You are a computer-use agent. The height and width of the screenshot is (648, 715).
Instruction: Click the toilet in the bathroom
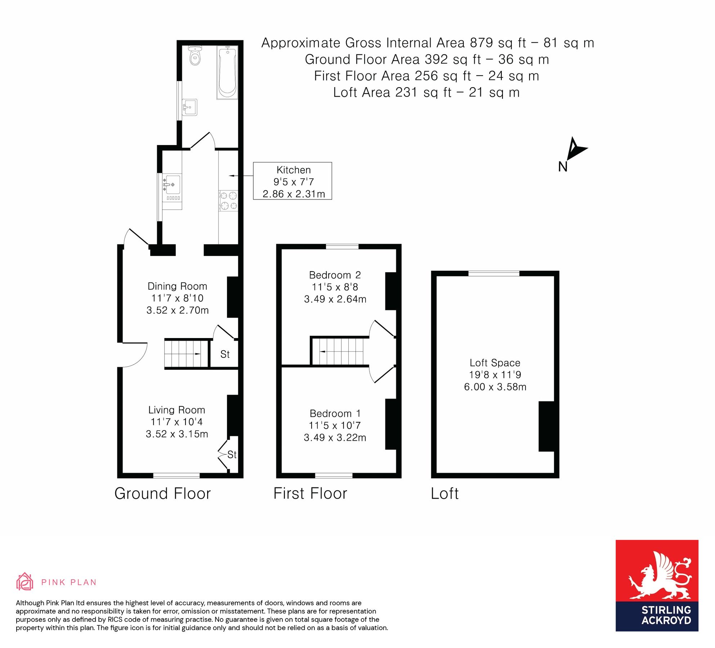[x=195, y=56]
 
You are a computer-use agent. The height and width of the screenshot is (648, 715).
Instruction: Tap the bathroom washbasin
[x=189, y=107]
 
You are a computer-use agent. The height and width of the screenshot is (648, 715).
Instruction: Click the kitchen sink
[x=172, y=184]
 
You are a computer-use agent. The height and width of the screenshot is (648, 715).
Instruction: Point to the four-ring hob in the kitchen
[x=228, y=201]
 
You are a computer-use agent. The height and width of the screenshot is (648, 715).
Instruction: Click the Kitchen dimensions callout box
[x=292, y=181]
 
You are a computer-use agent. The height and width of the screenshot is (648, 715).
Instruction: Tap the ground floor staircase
[x=187, y=354]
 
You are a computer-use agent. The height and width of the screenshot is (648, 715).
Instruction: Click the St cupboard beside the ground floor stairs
[x=225, y=354]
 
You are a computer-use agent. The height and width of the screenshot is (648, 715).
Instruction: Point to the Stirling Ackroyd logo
[x=657, y=586]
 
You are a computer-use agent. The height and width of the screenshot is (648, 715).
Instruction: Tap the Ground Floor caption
[x=162, y=494]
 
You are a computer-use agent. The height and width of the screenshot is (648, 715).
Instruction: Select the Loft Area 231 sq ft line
[x=426, y=93]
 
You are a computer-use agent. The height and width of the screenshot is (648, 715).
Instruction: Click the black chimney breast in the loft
[x=546, y=426]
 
